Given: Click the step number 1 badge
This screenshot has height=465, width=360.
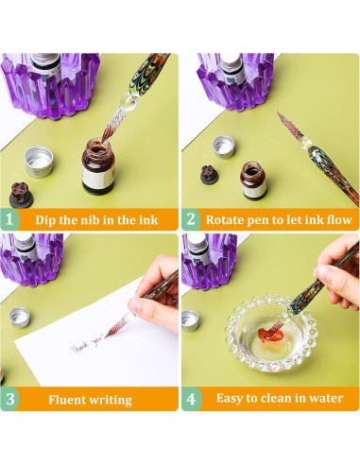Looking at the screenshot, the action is pyautogui.click(x=9, y=219).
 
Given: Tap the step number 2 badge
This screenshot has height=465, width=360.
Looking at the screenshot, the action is pyautogui.click(x=191, y=219).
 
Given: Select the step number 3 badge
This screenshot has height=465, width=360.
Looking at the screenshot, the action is pyautogui.click(x=9, y=399).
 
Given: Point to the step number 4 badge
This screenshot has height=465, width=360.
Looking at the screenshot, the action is pyautogui.click(x=191, y=399).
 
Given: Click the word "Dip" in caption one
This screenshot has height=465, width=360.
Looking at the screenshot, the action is pyautogui.click(x=45, y=220).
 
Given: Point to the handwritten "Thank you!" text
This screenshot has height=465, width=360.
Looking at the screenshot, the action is pyautogui.click(x=86, y=345).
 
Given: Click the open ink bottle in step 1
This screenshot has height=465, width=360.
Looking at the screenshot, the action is pyautogui.click(x=98, y=165).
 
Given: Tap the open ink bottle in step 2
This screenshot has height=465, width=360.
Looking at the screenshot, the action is pyautogui.click(x=253, y=181).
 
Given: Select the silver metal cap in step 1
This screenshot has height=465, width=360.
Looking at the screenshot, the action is pyautogui.click(x=39, y=162).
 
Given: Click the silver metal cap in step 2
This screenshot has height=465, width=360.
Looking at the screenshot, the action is pyautogui.click(x=224, y=146).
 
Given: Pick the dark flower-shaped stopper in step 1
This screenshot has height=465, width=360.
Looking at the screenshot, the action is pyautogui.click(x=21, y=195).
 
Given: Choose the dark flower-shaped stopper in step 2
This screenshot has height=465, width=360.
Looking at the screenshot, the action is pyautogui.click(x=209, y=175).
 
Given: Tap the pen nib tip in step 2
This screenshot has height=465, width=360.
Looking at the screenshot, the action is pyautogui.click(x=277, y=112).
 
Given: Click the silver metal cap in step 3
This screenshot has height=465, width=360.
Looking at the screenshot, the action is pyautogui.click(x=20, y=318).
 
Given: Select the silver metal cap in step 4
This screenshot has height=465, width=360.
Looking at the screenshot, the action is pyautogui.click(x=190, y=320).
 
